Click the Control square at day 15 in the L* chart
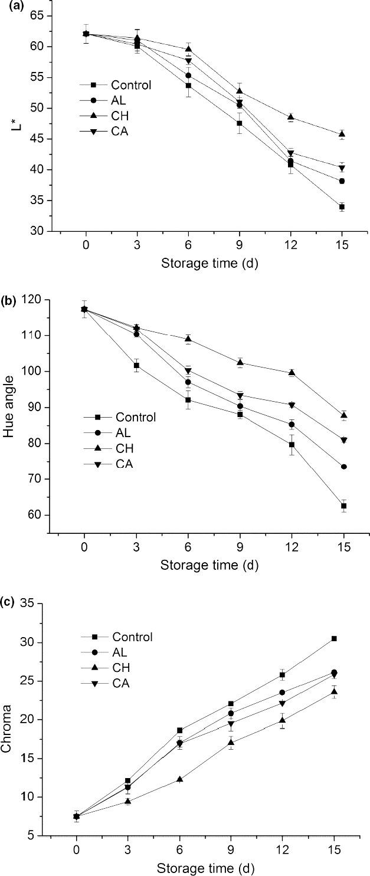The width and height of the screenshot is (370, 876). [x=342, y=207]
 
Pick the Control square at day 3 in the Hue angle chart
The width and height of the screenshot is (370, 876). [x=136, y=366]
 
